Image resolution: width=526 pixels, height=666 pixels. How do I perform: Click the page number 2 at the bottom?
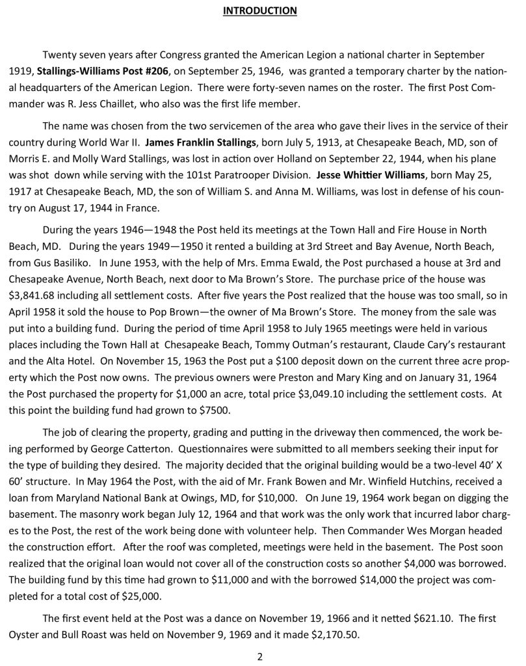click(259, 656)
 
